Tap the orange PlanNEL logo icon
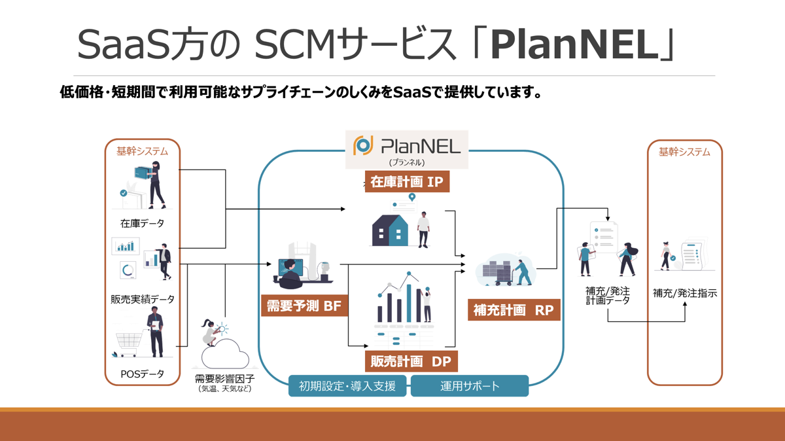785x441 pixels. [x=362, y=145]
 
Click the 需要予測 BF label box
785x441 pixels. [x=304, y=306]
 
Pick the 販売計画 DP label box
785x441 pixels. [x=411, y=361]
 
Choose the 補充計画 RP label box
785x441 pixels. [x=514, y=310]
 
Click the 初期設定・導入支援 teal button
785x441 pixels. [x=347, y=386]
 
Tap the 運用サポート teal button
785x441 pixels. [x=469, y=386]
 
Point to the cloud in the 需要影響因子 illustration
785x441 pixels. [x=225, y=356]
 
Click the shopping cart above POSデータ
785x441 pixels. [x=130, y=342]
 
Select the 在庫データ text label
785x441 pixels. [x=142, y=223]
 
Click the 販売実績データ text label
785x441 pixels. [x=143, y=299]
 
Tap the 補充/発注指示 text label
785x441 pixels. [x=685, y=293]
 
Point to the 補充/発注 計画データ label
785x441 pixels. [x=608, y=295]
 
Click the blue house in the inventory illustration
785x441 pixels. [x=390, y=230]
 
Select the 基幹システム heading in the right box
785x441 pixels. [x=684, y=152]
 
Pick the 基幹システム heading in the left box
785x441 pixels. [x=143, y=151]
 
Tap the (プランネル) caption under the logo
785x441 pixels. [x=406, y=162]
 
